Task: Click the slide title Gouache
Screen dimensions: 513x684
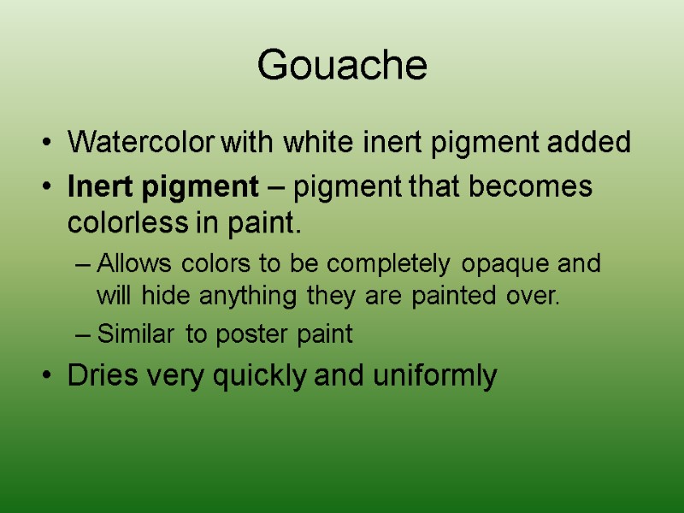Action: coord(342,66)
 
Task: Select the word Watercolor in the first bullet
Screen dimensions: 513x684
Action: coord(142,143)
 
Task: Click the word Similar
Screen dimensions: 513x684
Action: coord(135,334)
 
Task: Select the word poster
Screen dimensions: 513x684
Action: coord(249,335)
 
